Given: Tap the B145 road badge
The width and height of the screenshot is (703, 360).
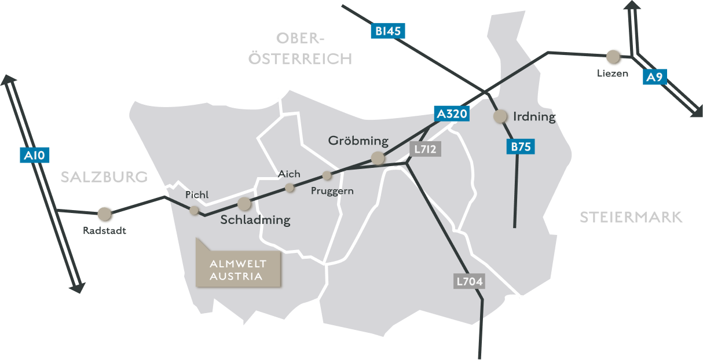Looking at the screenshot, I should tap(387, 31).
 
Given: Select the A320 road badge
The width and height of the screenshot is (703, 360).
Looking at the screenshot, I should tap(452, 114).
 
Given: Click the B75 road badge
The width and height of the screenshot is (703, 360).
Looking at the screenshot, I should tap(521, 147).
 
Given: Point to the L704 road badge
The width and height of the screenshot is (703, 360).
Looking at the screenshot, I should tap(469, 282).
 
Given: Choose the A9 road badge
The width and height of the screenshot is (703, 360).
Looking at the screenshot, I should tap(654, 78).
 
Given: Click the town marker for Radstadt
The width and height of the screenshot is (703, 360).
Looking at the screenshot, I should tap(105, 214).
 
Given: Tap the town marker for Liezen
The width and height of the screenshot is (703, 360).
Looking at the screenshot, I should tap(613, 57).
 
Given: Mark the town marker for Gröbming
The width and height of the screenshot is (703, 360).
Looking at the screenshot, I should tap(378, 157).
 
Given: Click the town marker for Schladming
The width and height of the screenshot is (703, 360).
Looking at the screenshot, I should tap(244, 203).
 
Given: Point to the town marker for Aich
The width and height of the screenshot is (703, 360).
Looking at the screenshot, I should tap(290, 188).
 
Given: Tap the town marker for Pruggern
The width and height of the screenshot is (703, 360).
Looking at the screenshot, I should tap(327, 175).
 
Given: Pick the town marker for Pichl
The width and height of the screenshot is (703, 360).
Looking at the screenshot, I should tap(195, 210).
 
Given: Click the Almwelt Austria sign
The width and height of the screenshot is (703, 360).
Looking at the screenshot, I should tap(239, 270).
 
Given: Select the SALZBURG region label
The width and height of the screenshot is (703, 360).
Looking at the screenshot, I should tap(104, 177).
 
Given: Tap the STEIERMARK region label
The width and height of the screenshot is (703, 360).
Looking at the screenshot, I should tap(631, 218).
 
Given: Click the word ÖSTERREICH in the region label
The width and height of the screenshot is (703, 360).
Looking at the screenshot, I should tap(300, 58).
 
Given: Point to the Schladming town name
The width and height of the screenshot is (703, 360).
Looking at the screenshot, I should tap(255, 221).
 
